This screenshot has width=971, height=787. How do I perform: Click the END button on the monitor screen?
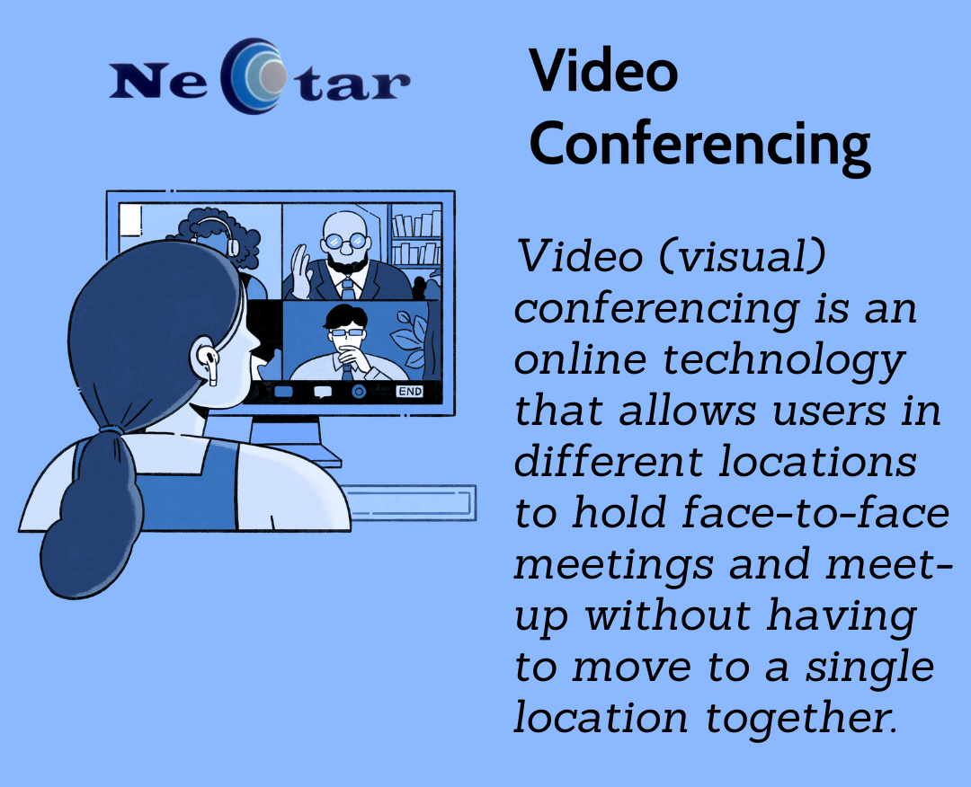coord(410,391)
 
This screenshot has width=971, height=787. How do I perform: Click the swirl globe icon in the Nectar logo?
coord(256,76)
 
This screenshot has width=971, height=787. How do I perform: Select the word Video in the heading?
coord(603,70)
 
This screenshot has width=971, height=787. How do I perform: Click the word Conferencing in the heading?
coord(699,144)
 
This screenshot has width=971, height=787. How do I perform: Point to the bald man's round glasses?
coord(345,240)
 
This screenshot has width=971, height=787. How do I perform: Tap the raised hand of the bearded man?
coord(301,271)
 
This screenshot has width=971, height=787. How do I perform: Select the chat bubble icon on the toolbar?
coord(323,392)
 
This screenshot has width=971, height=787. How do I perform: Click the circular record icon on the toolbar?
coord(359,391)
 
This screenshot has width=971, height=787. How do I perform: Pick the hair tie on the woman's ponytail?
coord(111,429)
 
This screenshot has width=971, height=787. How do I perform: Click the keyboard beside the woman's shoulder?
coord(409,503)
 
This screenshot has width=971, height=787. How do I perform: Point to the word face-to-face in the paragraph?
coord(816,514)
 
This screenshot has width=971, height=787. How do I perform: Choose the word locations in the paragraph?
coord(817,462)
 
